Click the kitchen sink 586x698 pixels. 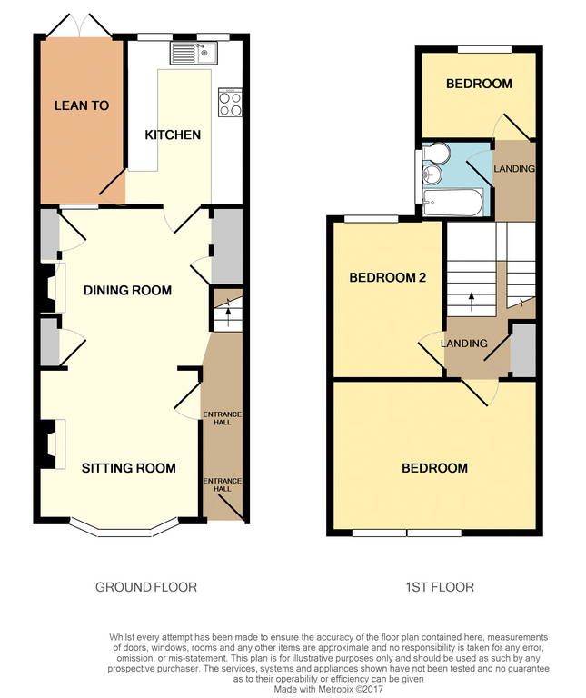point(194,53)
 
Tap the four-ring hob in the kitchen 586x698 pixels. point(230,103)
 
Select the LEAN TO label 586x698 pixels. point(82,105)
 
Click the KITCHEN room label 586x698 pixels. point(173,135)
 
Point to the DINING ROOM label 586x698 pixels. point(128,290)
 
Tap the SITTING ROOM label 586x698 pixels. point(129,468)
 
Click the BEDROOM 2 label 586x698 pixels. point(388,278)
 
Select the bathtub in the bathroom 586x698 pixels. point(453,203)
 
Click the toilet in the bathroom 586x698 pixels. point(436,152)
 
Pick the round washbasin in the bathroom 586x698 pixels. point(432,174)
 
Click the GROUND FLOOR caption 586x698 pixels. point(146,587)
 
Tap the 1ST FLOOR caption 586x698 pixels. point(440,587)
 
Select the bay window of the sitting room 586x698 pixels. point(124,528)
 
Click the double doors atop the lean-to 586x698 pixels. point(79,25)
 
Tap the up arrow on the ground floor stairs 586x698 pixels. point(228,313)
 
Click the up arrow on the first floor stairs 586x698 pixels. point(471,302)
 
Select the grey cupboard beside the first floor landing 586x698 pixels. point(523,351)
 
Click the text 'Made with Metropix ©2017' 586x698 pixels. point(328,689)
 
